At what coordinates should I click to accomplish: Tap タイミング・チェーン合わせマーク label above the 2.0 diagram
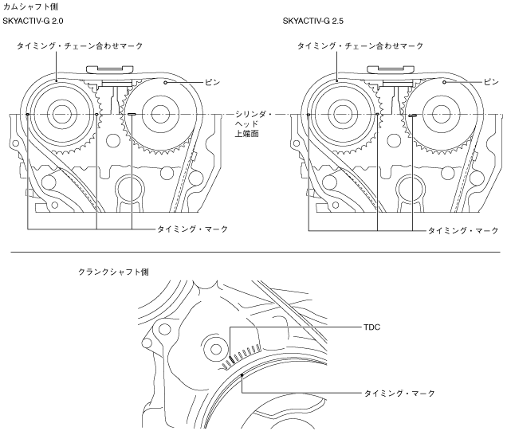pyautogui.click(x=80, y=47)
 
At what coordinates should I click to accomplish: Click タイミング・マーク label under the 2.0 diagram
pyautogui.click(x=192, y=229)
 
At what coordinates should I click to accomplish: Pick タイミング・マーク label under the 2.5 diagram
pyautogui.click(x=462, y=229)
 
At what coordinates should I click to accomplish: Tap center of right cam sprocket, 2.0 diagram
pyautogui.click(x=158, y=114)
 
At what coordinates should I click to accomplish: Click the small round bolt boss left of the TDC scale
pyautogui.click(x=213, y=347)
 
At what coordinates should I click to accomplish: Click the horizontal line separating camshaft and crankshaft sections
pyautogui.click(x=253, y=253)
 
